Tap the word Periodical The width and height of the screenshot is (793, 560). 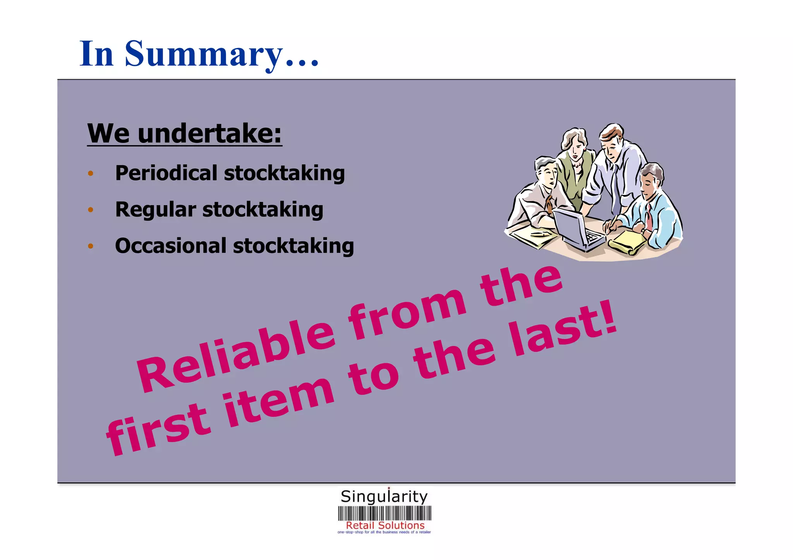pos(166,173)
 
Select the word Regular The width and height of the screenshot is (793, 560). pos(155,210)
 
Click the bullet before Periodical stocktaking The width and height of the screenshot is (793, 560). pos(91,173)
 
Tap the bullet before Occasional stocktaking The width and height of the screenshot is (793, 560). pos(91,246)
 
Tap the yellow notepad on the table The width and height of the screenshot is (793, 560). pos(627,242)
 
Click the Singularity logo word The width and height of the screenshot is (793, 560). pos(384,497)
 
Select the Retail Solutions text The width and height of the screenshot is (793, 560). pos(385,526)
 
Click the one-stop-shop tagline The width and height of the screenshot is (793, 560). pos(384,532)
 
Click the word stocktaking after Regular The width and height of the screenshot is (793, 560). pos(263,210)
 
